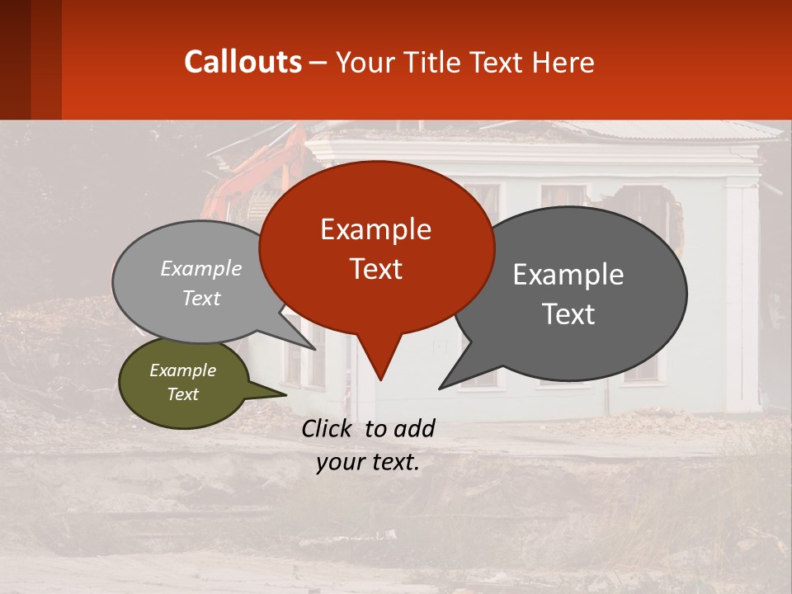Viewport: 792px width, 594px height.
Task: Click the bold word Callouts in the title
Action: pos(243,62)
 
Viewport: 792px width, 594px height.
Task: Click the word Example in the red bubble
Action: pos(375,229)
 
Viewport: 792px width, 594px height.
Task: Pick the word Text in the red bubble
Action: pos(376,269)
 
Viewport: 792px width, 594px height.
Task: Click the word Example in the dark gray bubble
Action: pos(568,275)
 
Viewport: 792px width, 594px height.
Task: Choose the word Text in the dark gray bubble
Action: pos(568,314)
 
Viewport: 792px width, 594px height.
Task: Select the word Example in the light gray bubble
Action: pos(201,268)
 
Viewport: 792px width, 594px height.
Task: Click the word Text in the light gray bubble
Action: pos(201,299)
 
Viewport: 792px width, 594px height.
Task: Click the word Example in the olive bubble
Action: pos(182,370)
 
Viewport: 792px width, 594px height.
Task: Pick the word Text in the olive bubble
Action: pos(182,394)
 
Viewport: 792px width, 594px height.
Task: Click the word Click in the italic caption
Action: pos(328,428)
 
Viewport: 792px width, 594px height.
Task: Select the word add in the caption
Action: pos(414,428)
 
